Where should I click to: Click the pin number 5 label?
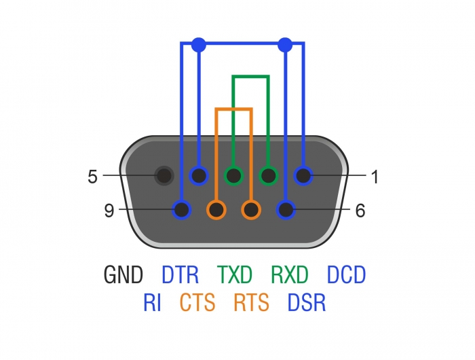92,177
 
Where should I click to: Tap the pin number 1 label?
374,177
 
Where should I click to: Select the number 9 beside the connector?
109,211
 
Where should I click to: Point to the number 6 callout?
360,211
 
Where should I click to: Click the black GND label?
123,275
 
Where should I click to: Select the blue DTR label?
180,275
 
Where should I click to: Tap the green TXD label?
235,275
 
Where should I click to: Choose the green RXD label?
290,275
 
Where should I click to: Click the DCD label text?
346,275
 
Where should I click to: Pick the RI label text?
152,302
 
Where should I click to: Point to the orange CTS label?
197,302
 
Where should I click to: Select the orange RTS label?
251,302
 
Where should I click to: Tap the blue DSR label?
306,302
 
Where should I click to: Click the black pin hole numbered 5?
164,177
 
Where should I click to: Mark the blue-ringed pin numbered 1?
303,177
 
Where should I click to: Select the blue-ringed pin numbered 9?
181,211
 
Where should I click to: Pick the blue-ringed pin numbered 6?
286,211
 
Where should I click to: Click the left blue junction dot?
198,45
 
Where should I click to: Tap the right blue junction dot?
286,45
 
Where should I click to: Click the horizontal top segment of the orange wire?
233,109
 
